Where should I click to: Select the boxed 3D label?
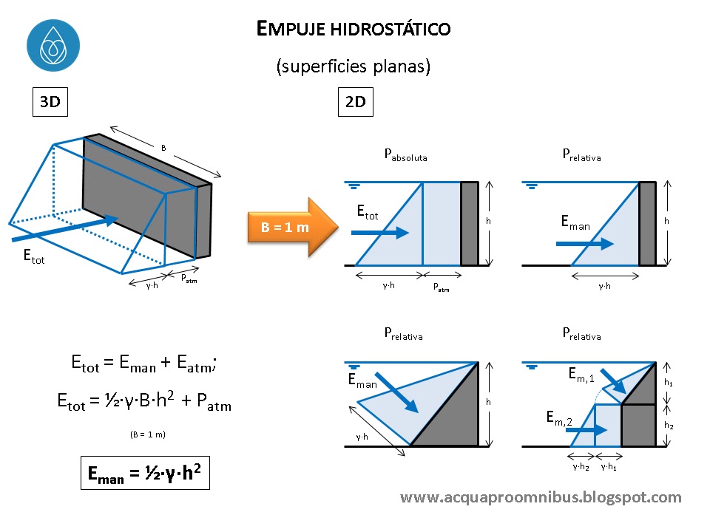point(50,102)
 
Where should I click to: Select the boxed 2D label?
point(356,102)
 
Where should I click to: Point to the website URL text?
point(541,497)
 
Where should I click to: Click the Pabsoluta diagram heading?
point(405,156)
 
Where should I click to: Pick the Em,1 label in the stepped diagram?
point(581,376)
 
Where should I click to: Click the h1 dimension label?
point(669,383)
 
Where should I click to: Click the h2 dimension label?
point(669,426)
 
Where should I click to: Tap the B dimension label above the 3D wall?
point(163,148)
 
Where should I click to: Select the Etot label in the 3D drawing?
point(33,258)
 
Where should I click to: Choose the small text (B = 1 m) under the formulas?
point(146,434)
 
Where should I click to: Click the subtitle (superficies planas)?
point(354,66)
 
